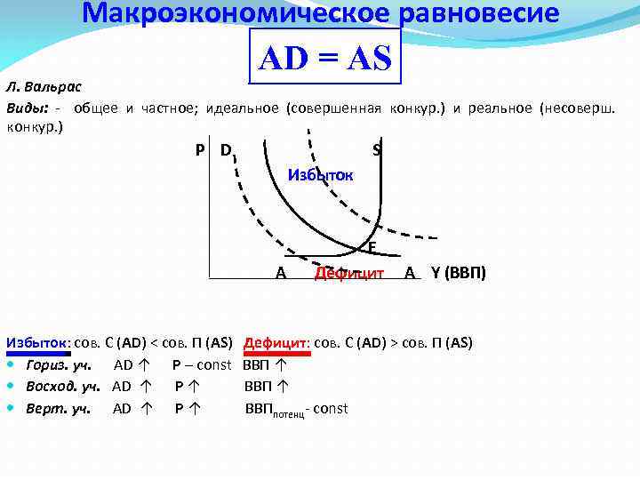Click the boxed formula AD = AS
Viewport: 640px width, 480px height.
tap(324, 59)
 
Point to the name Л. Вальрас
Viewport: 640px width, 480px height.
tap(44, 87)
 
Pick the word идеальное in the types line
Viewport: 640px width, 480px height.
tap(241, 108)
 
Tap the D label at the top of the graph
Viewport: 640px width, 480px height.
tap(226, 149)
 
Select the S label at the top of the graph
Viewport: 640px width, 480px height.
tap(377, 150)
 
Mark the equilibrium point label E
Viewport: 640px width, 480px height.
tap(372, 246)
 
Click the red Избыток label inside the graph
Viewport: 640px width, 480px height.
tap(321, 175)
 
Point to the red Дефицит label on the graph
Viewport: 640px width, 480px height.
tap(348, 273)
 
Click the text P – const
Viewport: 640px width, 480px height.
tap(202, 364)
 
